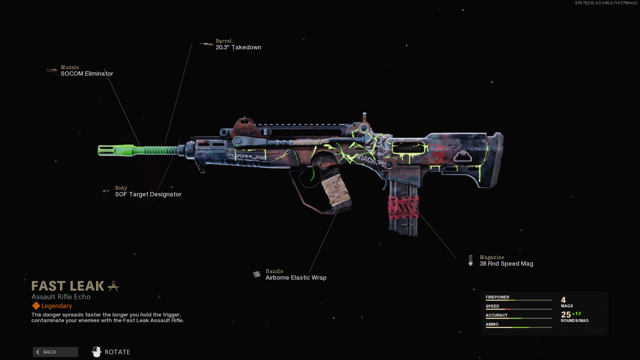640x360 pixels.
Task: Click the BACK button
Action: pos(55,352)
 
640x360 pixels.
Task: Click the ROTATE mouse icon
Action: pos(96,352)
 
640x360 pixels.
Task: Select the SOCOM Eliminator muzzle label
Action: pos(87,74)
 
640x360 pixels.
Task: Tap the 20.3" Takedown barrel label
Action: pos(238,47)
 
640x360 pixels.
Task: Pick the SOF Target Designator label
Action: pos(148,194)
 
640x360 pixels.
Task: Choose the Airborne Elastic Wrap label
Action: pos(296,278)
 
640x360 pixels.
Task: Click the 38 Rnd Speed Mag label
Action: pos(506,264)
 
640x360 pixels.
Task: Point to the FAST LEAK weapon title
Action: pos(68,286)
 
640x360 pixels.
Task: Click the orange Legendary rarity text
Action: pos(57,306)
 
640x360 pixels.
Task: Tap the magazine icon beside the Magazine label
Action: pos(470,260)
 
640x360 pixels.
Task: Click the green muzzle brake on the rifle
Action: pos(115,150)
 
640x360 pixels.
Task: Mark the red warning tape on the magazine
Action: pos(403,207)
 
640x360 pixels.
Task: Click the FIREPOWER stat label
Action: pos(497,297)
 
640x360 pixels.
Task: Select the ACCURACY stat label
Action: pos(496,315)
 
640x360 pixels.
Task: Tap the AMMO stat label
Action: pos(492,324)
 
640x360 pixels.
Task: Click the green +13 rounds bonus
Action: pos(576,314)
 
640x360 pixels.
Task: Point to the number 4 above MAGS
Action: pos(563,300)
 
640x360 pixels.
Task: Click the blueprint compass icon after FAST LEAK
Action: pos(113,286)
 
